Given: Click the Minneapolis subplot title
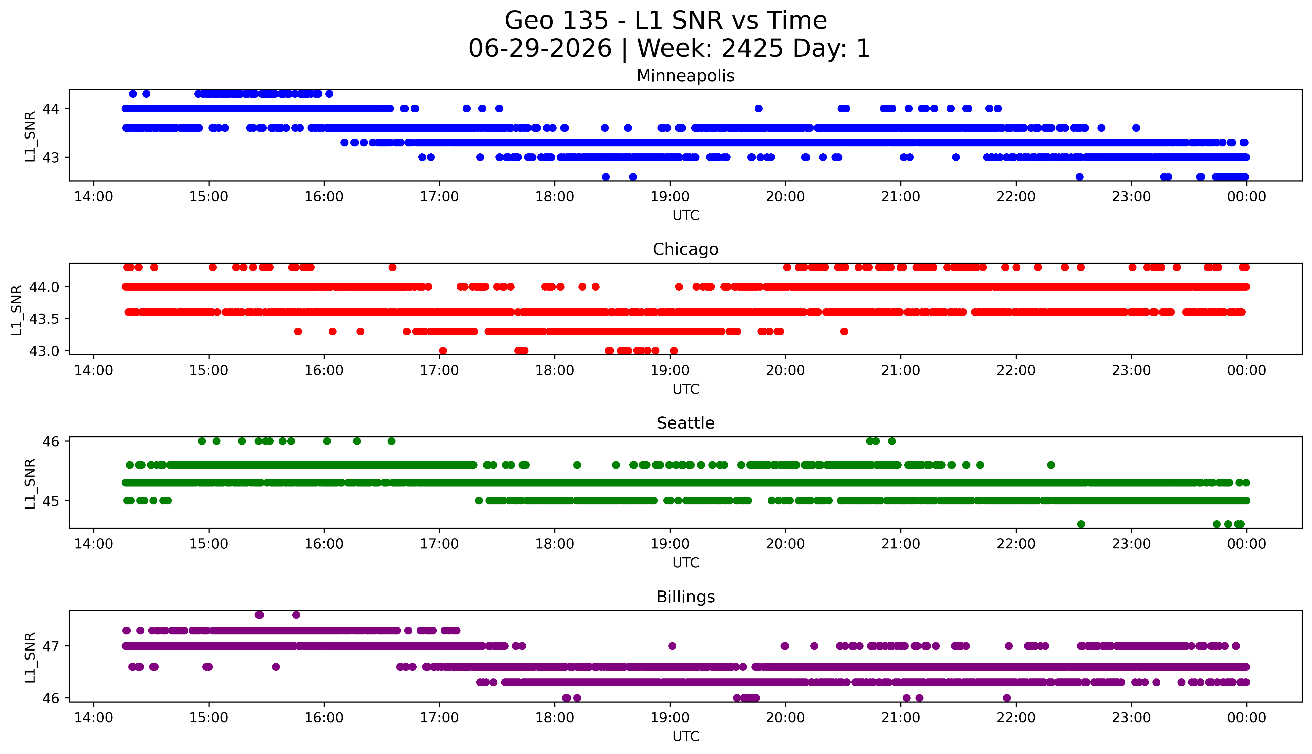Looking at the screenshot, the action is coord(686,76).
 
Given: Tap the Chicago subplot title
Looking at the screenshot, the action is coord(686,250).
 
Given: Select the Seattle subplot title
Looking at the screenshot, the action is coord(686,423).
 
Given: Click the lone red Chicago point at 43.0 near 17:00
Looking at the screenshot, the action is coord(443,351).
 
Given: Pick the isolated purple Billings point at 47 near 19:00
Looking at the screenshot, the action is coord(672,646).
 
